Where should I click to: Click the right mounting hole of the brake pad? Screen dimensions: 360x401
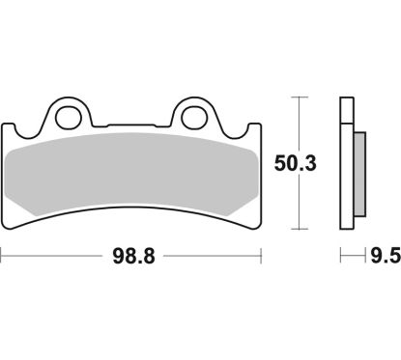[197, 117]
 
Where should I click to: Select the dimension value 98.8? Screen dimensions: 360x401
[132, 258]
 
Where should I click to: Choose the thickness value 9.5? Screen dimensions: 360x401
[384, 258]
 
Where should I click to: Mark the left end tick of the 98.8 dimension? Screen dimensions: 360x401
[3, 258]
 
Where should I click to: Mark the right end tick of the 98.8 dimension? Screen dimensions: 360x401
[263, 258]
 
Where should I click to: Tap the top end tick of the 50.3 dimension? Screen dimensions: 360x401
[299, 97]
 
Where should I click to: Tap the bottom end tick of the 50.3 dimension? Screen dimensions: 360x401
[299, 230]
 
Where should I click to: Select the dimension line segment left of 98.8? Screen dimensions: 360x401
[53, 258]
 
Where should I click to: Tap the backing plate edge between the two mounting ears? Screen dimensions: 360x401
[133, 126]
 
